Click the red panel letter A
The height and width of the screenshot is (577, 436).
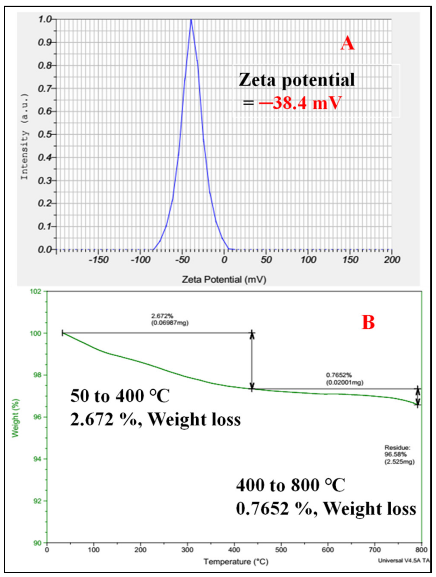[348, 43]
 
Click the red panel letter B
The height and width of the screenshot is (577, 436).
[368, 322]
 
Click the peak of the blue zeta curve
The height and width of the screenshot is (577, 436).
[191, 20]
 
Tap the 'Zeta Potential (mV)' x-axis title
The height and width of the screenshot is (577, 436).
[224, 280]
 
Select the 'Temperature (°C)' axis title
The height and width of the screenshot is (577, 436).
[236, 562]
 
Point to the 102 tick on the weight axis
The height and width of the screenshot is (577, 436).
[37, 291]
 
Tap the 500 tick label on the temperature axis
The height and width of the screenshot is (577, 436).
[281, 550]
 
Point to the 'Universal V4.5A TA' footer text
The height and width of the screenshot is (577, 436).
[403, 560]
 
